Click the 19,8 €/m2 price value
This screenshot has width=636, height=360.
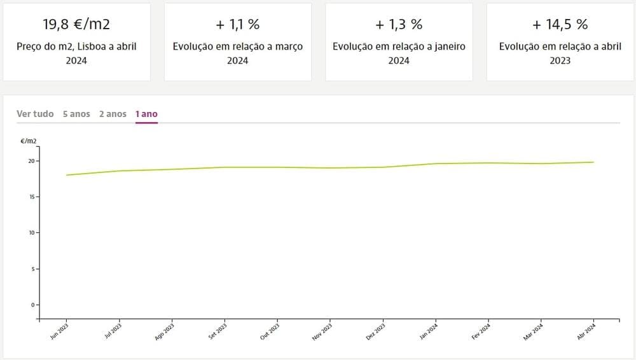[76, 25]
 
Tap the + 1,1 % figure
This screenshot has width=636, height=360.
[238, 25]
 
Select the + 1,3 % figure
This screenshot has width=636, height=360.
[399, 25]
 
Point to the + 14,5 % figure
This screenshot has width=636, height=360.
[560, 25]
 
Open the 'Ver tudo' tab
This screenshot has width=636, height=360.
[35, 114]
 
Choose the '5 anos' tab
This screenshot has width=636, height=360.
[76, 114]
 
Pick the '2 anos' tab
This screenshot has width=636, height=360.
[113, 114]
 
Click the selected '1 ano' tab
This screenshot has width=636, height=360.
[146, 114]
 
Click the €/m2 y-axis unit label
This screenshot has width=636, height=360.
[29, 141]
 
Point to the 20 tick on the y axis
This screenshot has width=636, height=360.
[32, 161]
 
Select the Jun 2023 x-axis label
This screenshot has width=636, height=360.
[59, 333]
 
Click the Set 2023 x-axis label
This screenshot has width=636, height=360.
[218, 333]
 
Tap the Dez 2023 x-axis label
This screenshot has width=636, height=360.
[376, 333]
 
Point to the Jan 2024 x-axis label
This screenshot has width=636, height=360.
[429, 333]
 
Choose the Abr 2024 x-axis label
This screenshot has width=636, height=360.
[586, 333]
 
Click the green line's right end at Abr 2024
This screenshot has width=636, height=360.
[593, 162]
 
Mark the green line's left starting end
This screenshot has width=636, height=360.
[67, 175]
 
